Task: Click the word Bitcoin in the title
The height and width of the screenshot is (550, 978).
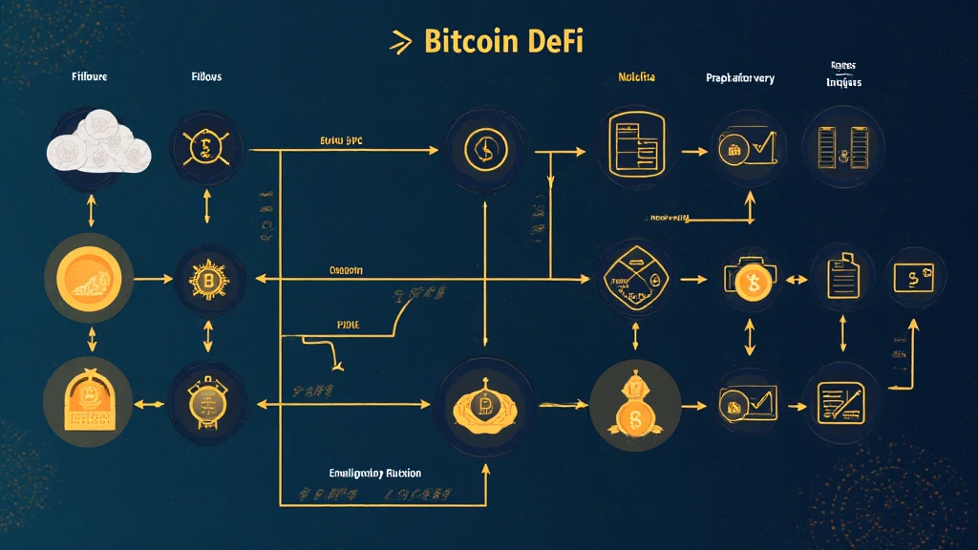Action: (x=472, y=42)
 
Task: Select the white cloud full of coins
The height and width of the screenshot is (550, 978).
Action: (x=97, y=145)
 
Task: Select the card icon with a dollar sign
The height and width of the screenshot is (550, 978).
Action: (x=914, y=278)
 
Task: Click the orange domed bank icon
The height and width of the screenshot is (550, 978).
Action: (x=89, y=402)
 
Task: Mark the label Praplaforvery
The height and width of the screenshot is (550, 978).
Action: (x=739, y=77)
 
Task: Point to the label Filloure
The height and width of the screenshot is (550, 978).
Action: (x=89, y=76)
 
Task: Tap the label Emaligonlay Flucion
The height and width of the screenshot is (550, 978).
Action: (x=375, y=473)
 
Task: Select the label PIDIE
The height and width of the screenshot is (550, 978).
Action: (x=351, y=325)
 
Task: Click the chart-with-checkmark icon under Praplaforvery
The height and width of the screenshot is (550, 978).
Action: (x=748, y=146)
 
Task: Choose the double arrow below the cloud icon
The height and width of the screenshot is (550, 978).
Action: (x=91, y=210)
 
